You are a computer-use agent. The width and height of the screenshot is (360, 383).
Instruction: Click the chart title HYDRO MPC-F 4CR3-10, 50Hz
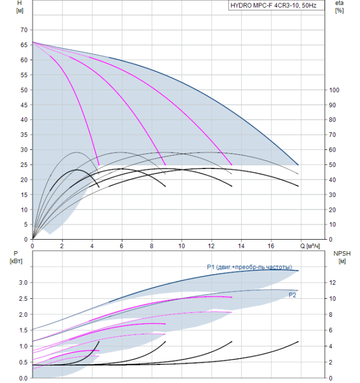(274, 5)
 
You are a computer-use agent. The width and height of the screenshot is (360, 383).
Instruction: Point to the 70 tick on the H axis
(24, 30)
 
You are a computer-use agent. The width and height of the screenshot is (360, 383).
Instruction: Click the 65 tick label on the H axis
(24, 45)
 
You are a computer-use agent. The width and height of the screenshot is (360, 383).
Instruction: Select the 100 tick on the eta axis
(334, 90)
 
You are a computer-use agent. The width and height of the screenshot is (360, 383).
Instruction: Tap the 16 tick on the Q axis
(271, 246)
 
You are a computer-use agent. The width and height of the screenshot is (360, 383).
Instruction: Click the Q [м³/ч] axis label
(310, 246)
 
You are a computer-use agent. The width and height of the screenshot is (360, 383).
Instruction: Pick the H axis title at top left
(20, 7)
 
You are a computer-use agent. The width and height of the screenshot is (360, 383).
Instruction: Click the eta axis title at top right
(340, 7)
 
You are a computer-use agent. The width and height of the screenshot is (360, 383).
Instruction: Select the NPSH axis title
(342, 258)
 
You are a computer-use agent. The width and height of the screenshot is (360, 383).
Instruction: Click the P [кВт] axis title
(16, 258)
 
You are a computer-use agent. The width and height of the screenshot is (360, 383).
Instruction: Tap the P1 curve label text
(249, 267)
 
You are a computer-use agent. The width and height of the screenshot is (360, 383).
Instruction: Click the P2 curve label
(292, 295)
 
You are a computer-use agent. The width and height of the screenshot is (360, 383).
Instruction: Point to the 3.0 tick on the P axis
(24, 283)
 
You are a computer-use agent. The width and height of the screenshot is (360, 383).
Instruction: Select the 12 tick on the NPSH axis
(333, 283)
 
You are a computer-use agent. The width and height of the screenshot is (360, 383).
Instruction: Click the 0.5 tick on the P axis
(24, 362)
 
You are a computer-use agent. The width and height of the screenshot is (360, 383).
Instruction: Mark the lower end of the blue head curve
(298, 165)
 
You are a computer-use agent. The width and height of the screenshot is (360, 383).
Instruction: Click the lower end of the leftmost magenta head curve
(98, 165)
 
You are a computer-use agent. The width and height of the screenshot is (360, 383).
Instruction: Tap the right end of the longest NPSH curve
(298, 341)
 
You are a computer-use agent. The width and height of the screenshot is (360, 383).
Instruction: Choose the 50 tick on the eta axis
(333, 165)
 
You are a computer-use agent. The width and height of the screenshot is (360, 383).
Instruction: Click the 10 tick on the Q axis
(182, 246)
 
